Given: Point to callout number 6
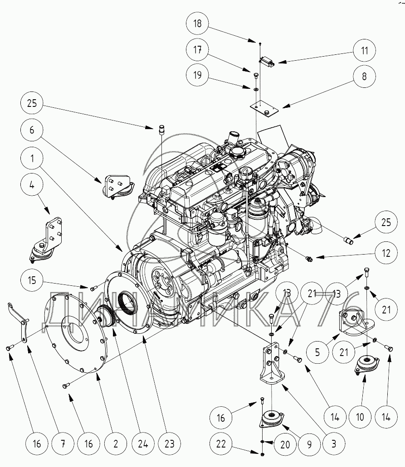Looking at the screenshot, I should [x=32, y=130].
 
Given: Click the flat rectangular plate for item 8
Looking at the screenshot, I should [x=265, y=109].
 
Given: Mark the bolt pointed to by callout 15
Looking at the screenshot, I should [x=94, y=288].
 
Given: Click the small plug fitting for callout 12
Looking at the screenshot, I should [x=309, y=259].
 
